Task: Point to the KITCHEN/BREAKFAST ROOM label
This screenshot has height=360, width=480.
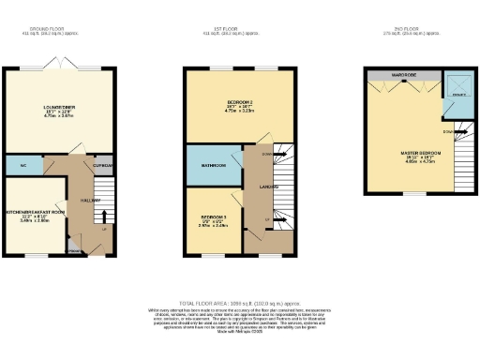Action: [x=35, y=212]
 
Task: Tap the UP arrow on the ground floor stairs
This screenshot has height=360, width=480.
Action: [x=103, y=228]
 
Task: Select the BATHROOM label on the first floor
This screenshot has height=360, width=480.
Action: [x=206, y=167]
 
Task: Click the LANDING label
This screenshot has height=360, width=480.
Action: [x=266, y=187]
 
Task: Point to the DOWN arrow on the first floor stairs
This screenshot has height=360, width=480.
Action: [x=267, y=154]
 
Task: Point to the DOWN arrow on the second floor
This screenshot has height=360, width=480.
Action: [x=449, y=130]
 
